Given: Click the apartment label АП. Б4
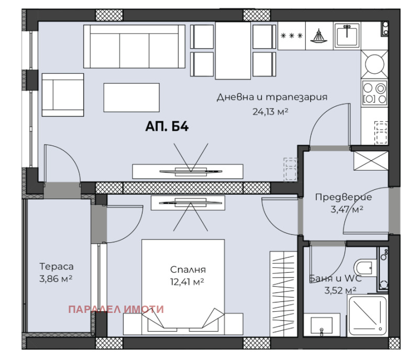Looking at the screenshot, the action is point(167,126).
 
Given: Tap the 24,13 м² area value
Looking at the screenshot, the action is point(270,111).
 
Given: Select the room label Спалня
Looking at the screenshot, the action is point(188,269).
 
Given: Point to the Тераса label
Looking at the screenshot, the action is point(57,266).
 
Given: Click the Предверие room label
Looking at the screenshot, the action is point(344,197).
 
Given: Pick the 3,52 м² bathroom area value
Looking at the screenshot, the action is point(340,290).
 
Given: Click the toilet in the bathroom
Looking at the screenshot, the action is point(365,267).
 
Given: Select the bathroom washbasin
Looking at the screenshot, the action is point(322,325).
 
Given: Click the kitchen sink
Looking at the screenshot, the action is point(347,36).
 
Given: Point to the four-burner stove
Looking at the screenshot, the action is point(374,92).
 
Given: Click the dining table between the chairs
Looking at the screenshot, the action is point(233,50).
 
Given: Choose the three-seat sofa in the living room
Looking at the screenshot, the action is point(134,47).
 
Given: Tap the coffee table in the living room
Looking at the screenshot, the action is point(131,97).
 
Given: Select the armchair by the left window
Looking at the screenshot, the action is point(63,95).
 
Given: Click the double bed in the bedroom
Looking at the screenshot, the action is point(183,283).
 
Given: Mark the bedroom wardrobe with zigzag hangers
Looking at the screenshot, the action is point(283,294).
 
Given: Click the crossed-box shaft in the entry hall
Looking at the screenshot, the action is point(371,161).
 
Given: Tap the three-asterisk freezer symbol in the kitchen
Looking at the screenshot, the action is point(292,36).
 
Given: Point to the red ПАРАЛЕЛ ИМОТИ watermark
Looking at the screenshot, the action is point(116,309).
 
